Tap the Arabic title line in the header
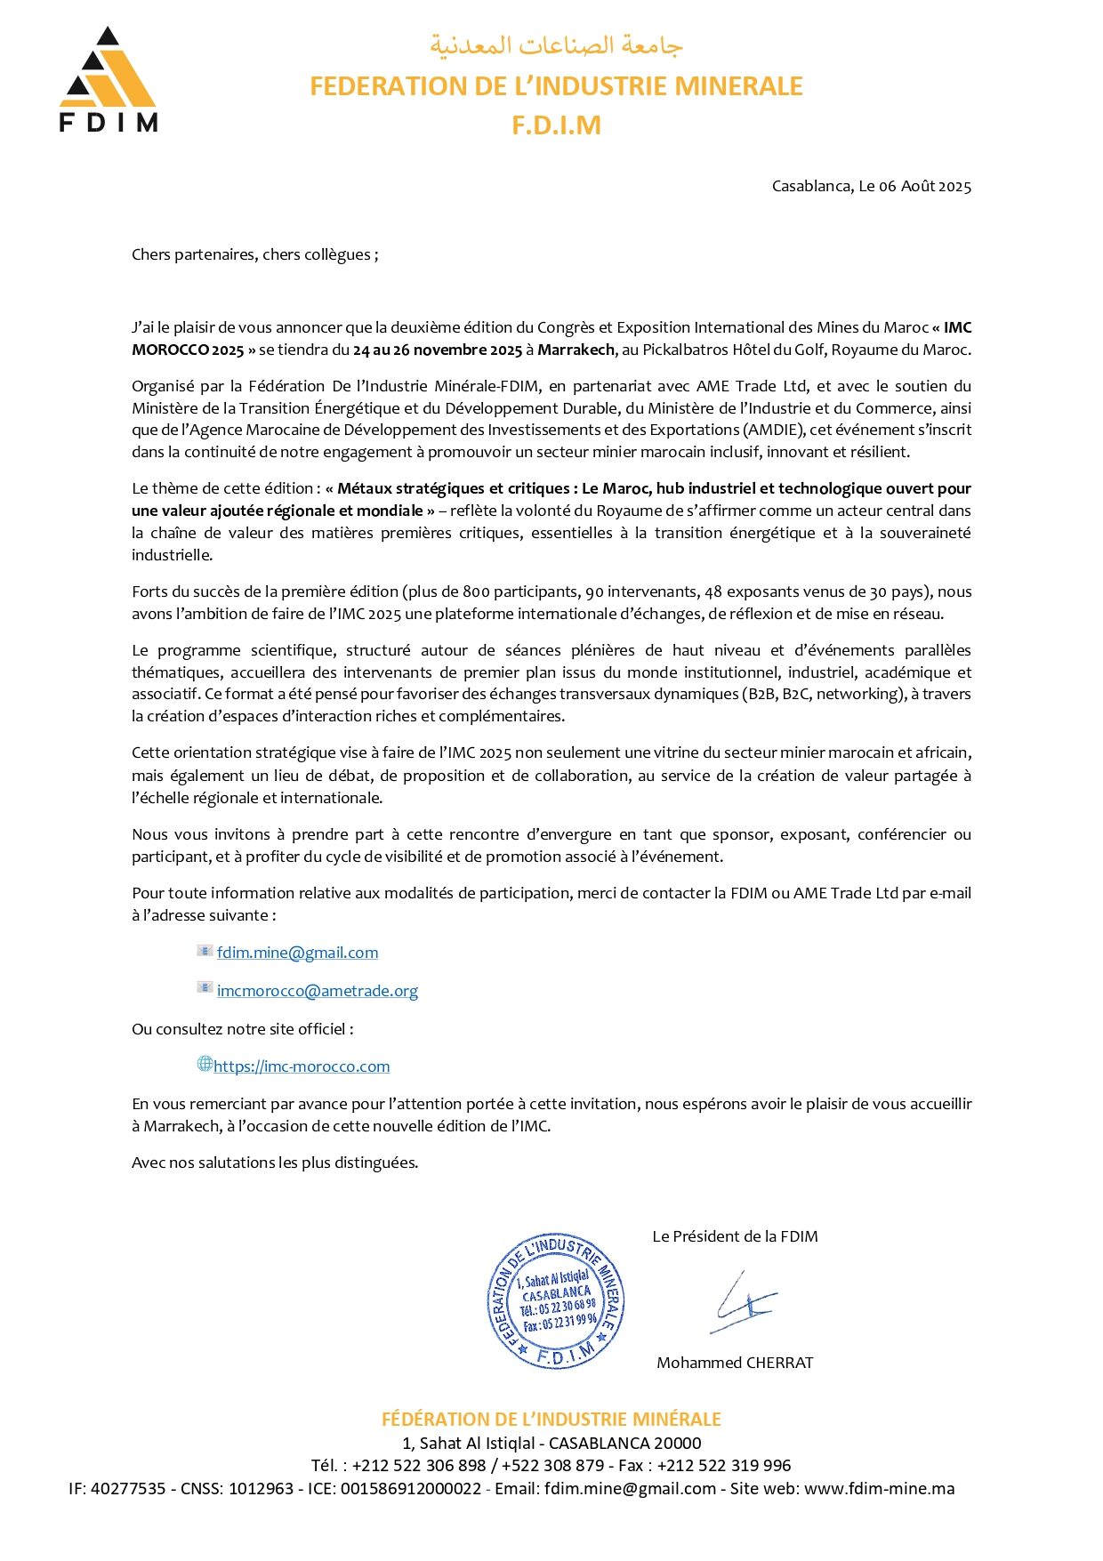pyautogui.click(x=556, y=45)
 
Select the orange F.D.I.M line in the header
pyautogui.click(x=556, y=125)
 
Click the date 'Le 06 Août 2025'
pyautogui.click(x=914, y=187)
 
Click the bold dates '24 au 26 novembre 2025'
pyautogui.click(x=437, y=350)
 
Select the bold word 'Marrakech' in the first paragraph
pyautogui.click(x=576, y=350)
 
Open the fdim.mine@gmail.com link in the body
pyautogui.click(x=297, y=953)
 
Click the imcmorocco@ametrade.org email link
pyautogui.click(x=317, y=992)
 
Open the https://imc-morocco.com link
pyautogui.click(x=302, y=1067)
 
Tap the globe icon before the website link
pyautogui.click(x=205, y=1065)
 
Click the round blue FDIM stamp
pyautogui.click(x=556, y=1301)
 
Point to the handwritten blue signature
pyautogui.click(x=743, y=1302)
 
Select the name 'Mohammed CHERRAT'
pyautogui.click(x=735, y=1364)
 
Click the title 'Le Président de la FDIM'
pyautogui.click(x=735, y=1237)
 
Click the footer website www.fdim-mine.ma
pyautogui.click(x=879, y=1489)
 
